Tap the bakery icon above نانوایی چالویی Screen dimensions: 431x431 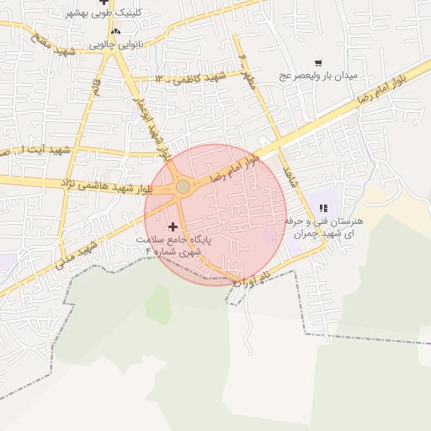[115, 32]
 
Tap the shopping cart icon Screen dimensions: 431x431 [318, 62]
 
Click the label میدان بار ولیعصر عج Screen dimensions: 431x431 [319, 77]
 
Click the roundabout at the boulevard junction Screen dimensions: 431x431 [183, 186]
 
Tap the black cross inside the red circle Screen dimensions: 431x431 [173, 226]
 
